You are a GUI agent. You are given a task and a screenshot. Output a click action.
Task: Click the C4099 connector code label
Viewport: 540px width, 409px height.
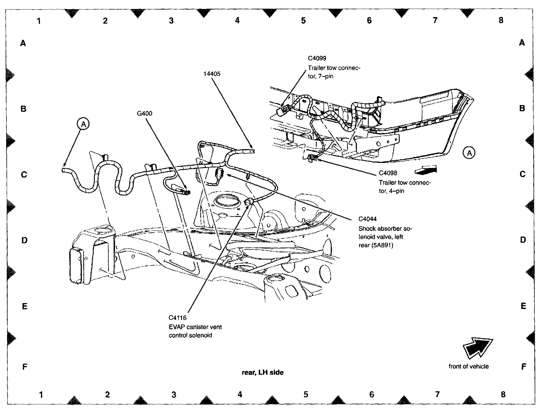pyautogui.click(x=317, y=58)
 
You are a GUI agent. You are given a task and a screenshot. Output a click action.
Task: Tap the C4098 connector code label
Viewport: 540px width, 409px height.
pyautogui.click(x=388, y=173)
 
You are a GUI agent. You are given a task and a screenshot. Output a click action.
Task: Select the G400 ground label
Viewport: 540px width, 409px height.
pyautogui.click(x=145, y=113)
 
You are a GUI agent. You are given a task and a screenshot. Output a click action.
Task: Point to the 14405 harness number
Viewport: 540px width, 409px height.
pyautogui.click(x=212, y=74)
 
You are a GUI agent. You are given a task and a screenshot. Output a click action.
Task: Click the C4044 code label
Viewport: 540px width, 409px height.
pyautogui.click(x=368, y=219)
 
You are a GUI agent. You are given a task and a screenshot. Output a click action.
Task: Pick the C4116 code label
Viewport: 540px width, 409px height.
pyautogui.click(x=177, y=318)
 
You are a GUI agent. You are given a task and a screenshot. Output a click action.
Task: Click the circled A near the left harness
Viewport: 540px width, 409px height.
pyautogui.click(x=83, y=124)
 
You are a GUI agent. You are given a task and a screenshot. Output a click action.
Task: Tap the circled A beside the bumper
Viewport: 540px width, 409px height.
pyautogui.click(x=469, y=153)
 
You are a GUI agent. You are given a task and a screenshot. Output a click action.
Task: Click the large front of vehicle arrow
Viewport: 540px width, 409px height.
pyautogui.click(x=477, y=348)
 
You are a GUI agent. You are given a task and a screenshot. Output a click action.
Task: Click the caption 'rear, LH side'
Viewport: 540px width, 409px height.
pyautogui.click(x=263, y=372)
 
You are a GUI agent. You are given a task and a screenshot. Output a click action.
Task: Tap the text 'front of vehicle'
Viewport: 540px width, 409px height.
pyautogui.click(x=469, y=366)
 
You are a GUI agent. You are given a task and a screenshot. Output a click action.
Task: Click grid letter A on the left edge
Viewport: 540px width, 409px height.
pyautogui.click(x=23, y=43)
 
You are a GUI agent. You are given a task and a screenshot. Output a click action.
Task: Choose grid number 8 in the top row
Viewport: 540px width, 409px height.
pyautogui.click(x=501, y=20)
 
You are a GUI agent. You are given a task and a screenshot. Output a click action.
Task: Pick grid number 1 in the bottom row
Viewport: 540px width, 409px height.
pyautogui.click(x=41, y=395)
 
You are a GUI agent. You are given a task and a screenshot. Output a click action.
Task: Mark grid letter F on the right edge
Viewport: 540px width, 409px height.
pyautogui.click(x=523, y=367)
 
